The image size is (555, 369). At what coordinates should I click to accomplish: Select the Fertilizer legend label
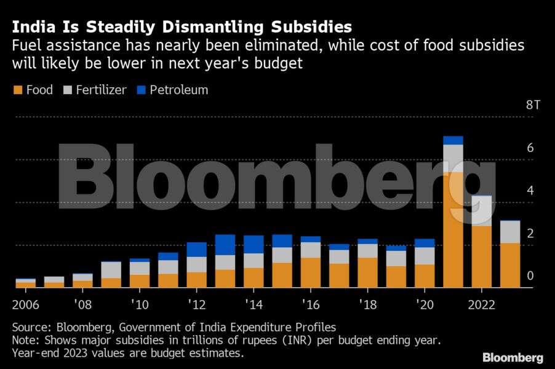[101, 90]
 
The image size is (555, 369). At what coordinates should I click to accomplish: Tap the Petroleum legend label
[178, 90]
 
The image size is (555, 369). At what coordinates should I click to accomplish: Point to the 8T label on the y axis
[533, 105]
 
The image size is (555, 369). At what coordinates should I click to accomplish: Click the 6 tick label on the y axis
[530, 148]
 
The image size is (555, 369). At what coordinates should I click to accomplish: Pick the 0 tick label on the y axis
[530, 276]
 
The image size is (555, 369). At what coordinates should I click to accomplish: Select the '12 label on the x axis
[196, 306]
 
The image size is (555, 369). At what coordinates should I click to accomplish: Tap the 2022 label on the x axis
[481, 306]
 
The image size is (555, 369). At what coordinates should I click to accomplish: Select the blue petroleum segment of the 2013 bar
[225, 245]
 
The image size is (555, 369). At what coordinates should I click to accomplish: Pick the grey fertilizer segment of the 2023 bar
[510, 232]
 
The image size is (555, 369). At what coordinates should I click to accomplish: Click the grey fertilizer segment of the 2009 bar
[111, 270]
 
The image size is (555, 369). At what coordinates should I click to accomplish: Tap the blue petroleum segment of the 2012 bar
[196, 249]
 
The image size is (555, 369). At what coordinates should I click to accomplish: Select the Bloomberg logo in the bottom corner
[513, 357]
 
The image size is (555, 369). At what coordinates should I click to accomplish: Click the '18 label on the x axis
[367, 306]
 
